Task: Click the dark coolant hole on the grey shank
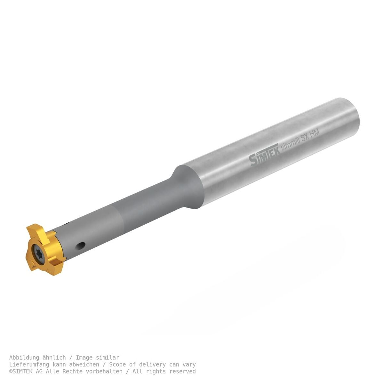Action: tap(81, 246)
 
